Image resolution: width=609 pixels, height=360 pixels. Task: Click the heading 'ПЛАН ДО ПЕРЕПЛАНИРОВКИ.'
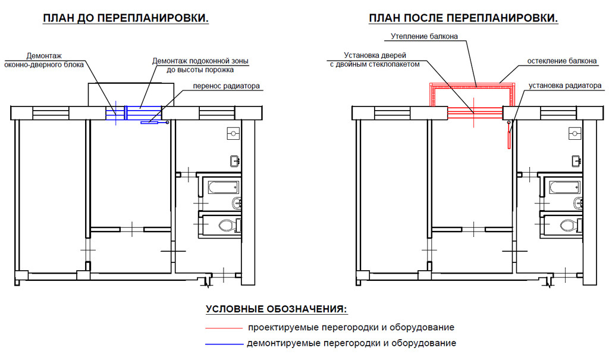[125, 18]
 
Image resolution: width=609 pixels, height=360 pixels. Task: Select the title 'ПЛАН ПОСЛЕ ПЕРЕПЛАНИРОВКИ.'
[463, 18]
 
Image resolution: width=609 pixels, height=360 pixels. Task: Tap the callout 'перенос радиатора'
[226, 86]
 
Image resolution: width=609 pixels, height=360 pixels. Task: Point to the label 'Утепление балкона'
[424, 36]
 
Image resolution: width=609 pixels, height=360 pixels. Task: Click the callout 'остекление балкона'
[558, 61]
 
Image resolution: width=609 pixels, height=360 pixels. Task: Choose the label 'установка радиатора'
[564, 86]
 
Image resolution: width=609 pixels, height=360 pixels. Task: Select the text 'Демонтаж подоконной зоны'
[200, 61]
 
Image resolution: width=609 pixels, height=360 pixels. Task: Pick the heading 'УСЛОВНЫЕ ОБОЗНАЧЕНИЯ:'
[276, 309]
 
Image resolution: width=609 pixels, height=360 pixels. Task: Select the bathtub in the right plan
[563, 189]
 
